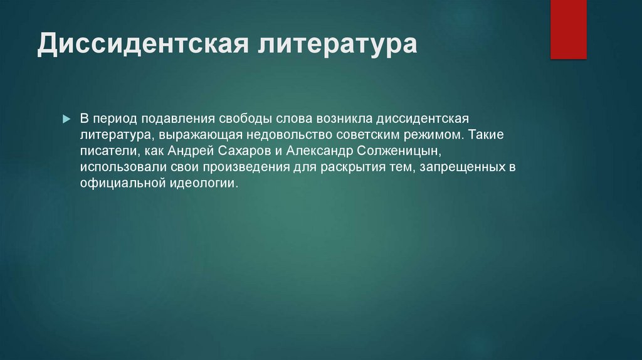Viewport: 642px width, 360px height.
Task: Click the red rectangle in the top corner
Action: (568, 29)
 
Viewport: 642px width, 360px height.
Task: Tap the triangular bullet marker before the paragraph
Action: (66, 119)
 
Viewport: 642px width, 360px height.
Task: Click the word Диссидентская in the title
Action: (144, 43)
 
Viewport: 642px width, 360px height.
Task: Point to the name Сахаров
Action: (245, 151)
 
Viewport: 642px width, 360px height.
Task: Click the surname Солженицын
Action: (399, 151)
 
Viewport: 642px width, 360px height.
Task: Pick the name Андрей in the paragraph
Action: (191, 151)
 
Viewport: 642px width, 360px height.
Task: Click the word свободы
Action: (245, 119)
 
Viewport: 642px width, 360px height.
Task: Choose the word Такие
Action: (486, 134)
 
